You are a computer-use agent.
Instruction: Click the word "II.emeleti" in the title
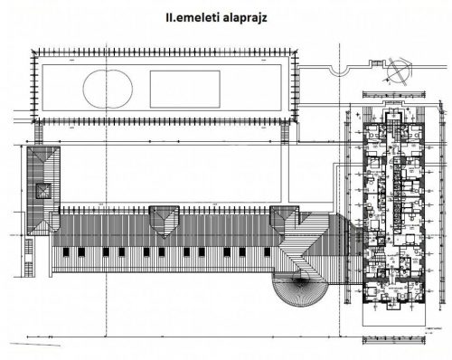click(186, 15)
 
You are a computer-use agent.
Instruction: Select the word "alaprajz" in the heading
click(249, 15)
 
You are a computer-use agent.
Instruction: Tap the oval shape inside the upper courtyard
click(109, 89)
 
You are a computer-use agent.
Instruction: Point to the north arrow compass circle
click(394, 74)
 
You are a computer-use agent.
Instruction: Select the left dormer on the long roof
click(162, 218)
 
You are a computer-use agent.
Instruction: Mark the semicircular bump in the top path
click(340, 71)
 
